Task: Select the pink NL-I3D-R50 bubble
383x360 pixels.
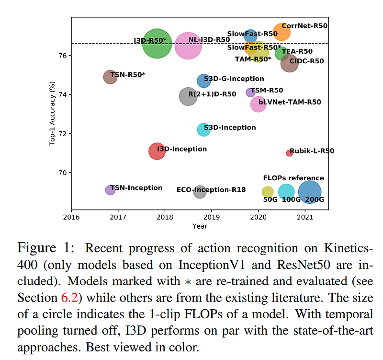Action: (x=188, y=46)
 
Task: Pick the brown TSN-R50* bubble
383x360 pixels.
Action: (x=110, y=76)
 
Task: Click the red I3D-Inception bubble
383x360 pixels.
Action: (x=157, y=151)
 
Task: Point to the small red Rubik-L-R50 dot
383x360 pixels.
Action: (x=289, y=153)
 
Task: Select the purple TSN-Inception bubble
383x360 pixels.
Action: (x=110, y=190)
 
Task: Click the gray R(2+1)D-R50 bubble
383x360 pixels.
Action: (x=188, y=96)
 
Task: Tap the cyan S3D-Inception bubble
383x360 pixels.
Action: (x=203, y=129)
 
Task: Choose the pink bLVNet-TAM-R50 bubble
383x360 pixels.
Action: (x=259, y=104)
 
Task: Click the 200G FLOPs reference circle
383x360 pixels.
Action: (x=310, y=192)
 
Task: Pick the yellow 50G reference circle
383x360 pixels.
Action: (x=268, y=192)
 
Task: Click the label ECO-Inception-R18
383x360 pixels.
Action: (x=211, y=190)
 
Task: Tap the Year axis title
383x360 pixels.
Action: (x=200, y=226)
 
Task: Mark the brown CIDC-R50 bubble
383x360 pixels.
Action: (x=289, y=63)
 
